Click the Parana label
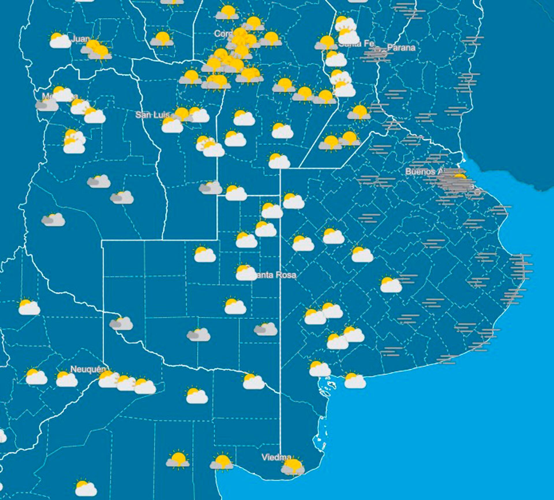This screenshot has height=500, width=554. click(x=401, y=48)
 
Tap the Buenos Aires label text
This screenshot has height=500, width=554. click(x=423, y=171)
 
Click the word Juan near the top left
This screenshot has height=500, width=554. click(x=80, y=39)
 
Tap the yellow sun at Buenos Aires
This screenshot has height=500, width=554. click(x=460, y=176)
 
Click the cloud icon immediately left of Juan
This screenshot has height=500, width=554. click(x=60, y=40)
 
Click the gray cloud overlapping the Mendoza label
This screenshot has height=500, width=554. click(x=47, y=105)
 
